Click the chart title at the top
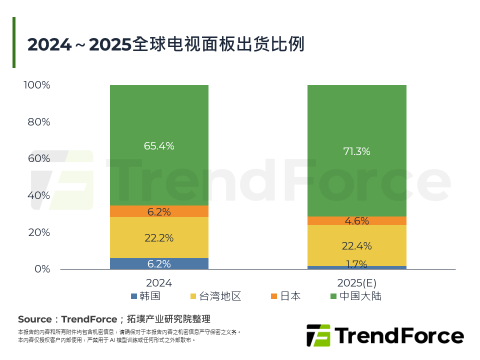165,44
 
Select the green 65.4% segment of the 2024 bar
159,145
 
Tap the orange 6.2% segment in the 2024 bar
159,211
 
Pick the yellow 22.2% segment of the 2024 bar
159,237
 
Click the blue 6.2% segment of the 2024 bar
159,263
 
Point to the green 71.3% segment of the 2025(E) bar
356,151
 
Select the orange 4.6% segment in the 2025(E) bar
356,220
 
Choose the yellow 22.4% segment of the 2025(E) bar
356,245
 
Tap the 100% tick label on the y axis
37,85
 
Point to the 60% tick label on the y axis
38,158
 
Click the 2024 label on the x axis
159,283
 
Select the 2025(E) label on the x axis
356,283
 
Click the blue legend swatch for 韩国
133,296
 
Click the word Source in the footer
34,319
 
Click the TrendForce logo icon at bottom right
318,335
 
